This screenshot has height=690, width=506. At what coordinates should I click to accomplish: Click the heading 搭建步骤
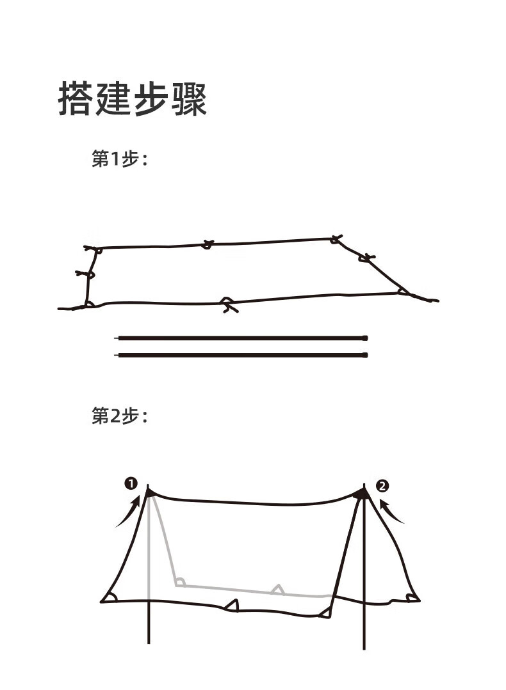click(133, 99)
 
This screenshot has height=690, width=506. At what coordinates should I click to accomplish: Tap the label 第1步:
click(120, 159)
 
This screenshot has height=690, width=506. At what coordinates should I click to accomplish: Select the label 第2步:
click(120, 417)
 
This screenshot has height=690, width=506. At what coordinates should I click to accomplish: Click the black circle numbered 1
click(131, 483)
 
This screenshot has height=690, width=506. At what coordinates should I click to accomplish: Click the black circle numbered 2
click(382, 486)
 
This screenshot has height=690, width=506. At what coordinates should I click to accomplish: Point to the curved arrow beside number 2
click(391, 512)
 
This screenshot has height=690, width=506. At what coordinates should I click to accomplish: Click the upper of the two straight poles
click(241, 337)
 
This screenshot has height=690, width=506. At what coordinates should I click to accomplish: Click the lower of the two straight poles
click(241, 354)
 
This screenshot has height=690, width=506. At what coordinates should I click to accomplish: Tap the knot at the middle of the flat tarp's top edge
click(207, 244)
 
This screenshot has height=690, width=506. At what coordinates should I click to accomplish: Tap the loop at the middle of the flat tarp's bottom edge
click(227, 304)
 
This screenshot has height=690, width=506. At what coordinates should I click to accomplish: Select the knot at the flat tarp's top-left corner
click(94, 248)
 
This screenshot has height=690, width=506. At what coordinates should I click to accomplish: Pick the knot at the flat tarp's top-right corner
click(336, 239)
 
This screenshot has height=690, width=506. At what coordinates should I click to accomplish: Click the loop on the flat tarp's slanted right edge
click(366, 258)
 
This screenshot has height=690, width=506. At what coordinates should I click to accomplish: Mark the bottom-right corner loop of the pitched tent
click(412, 598)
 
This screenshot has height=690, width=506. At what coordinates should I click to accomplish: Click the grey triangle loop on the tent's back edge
click(277, 589)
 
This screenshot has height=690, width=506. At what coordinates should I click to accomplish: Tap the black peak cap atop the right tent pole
click(361, 493)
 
